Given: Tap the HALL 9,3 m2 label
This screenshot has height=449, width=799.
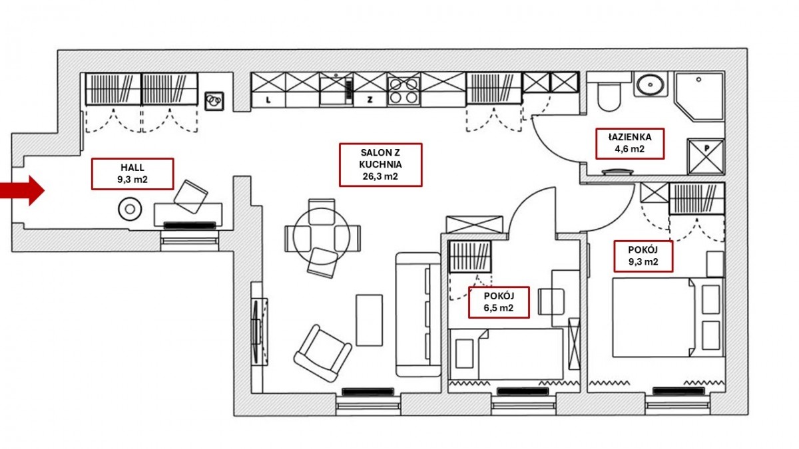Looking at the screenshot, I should pyautogui.click(x=133, y=174).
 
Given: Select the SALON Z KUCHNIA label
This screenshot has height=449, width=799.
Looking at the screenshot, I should pyautogui.click(x=380, y=164).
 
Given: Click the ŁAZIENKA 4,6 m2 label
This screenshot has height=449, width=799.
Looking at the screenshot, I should pyautogui.click(x=629, y=143).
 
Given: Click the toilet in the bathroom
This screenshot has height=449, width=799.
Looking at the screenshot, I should pyautogui.click(x=609, y=95).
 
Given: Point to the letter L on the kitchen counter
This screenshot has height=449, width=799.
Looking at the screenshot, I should pyautogui.click(x=268, y=100).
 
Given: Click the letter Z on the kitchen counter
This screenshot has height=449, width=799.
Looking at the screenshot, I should pyautogui.click(x=369, y=100).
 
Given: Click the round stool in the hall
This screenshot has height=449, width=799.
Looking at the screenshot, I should pyautogui.click(x=130, y=210).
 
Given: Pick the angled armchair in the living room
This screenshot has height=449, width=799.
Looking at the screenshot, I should pyautogui.click(x=322, y=353).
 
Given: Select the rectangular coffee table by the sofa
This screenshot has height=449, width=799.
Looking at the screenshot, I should pyautogui.click(x=369, y=320).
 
